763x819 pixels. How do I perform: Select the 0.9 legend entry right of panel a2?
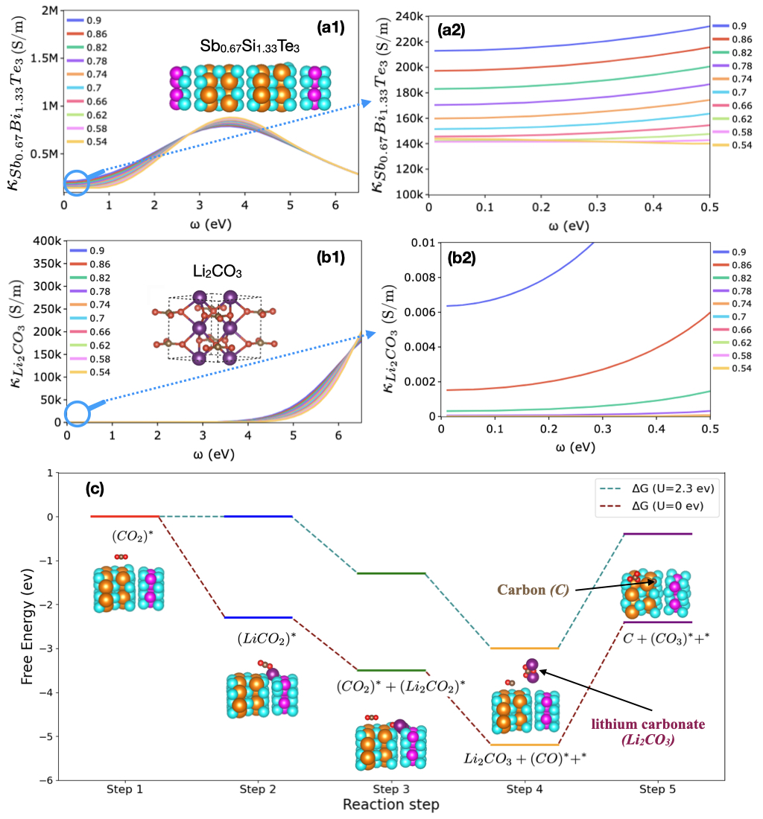pos(734,26)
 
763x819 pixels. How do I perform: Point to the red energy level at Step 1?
pos(124,516)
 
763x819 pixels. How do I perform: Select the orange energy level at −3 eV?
pos(525,648)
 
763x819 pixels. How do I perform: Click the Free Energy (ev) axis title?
pos(28,626)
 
